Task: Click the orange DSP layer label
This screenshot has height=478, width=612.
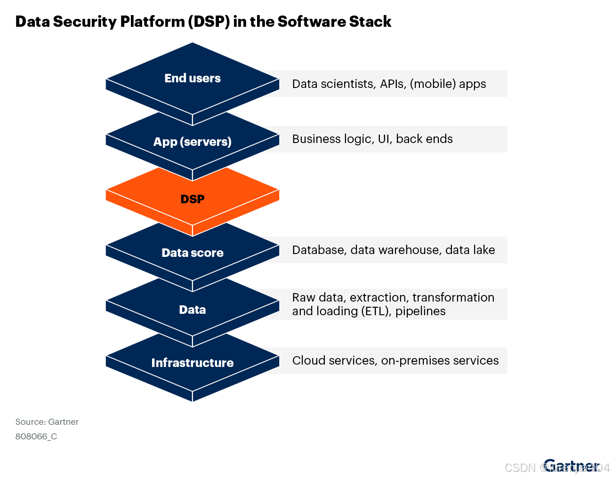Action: (x=193, y=199)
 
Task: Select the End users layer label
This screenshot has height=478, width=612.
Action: (x=193, y=78)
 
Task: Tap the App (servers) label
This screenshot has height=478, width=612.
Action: (x=193, y=142)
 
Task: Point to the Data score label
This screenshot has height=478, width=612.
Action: (x=193, y=253)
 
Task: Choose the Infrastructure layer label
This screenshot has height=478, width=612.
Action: (x=193, y=363)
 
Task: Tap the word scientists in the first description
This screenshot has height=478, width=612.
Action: (x=348, y=84)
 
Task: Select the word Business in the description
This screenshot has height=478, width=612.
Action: (x=313, y=139)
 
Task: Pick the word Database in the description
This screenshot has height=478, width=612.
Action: (x=319, y=250)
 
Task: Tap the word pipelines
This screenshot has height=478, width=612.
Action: (x=420, y=311)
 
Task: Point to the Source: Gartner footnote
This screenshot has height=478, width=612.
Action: (x=47, y=422)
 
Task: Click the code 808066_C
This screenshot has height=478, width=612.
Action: (x=36, y=437)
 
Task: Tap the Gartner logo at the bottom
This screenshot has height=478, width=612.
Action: (x=571, y=465)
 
